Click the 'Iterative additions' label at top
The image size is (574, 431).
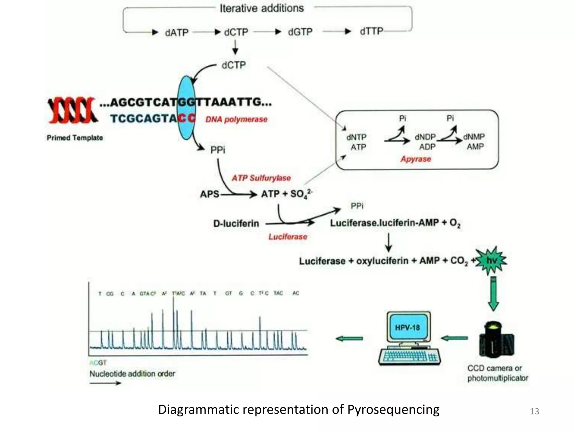(261, 8)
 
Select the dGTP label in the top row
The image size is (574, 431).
(300, 32)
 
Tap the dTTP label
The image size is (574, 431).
(371, 31)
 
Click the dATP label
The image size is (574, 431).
(177, 33)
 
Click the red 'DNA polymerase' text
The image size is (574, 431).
(236, 120)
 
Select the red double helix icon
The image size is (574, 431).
(72, 110)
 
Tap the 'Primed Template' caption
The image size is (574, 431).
(75, 138)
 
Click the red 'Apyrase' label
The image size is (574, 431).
(416, 159)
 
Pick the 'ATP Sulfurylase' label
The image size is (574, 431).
(261, 178)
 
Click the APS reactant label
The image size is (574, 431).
(209, 194)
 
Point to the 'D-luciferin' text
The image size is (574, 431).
(236, 224)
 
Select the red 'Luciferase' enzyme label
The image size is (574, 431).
(288, 237)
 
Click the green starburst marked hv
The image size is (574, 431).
(491, 261)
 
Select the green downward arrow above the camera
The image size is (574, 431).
(493, 293)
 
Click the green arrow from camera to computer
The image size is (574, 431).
(454, 338)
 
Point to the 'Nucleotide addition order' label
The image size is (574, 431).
(132, 374)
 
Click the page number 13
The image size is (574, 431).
(534, 411)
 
